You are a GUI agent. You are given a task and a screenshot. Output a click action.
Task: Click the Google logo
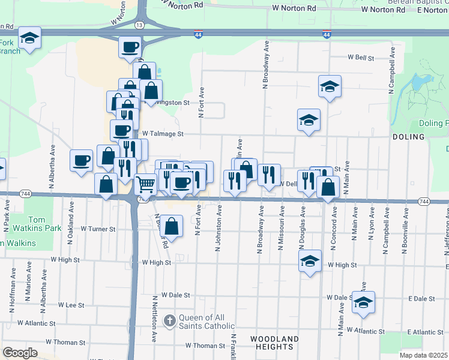[x=19, y=353]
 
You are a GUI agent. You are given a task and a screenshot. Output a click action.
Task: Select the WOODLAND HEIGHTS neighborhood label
[x=274, y=343]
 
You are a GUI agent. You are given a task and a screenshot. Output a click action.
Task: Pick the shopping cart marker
[x=145, y=184]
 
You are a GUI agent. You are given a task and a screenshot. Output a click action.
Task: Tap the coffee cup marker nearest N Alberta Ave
[x=81, y=160]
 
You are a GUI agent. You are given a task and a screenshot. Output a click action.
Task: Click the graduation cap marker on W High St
[x=309, y=262]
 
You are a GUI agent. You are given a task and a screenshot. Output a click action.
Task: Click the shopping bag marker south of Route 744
[x=172, y=227]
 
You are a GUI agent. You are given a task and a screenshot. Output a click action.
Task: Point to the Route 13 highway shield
[x=140, y=25]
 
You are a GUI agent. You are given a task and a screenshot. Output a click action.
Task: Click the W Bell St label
[x=361, y=58]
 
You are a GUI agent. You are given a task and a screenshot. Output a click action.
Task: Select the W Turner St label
[x=98, y=229]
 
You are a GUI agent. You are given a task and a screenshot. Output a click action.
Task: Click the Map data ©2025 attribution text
[x=424, y=355]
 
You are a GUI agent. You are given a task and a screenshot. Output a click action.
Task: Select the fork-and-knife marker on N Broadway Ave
[x=269, y=175]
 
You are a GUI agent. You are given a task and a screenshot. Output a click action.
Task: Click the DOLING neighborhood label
[x=409, y=137]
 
